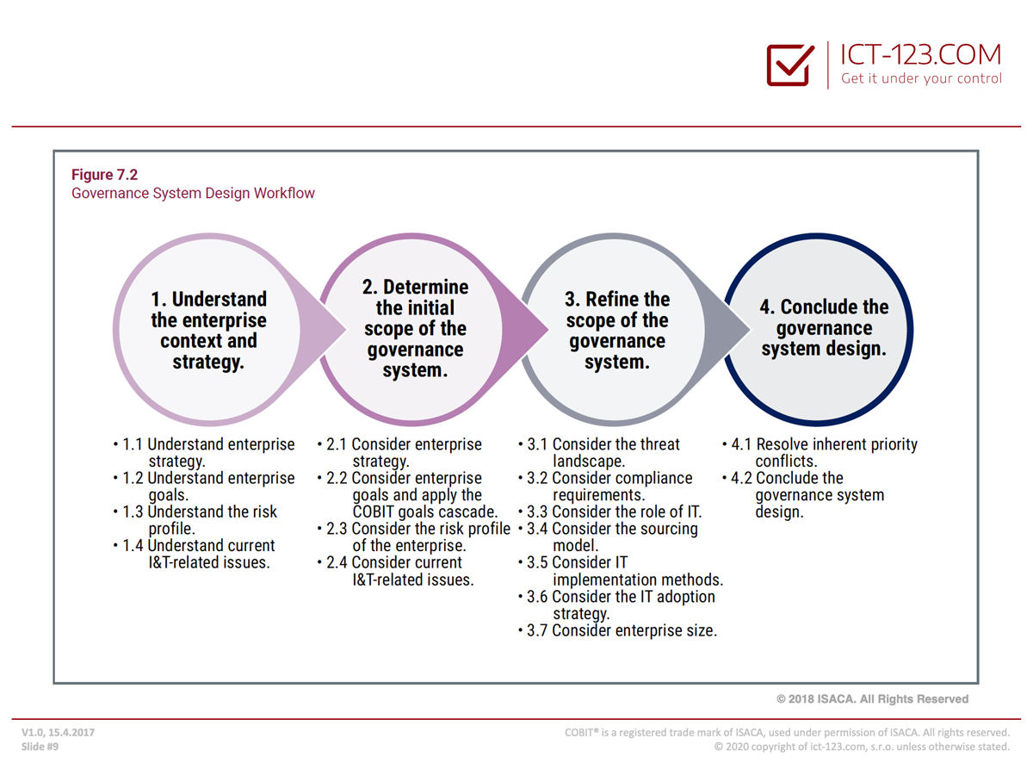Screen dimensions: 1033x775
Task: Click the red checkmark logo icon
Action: click(x=790, y=65)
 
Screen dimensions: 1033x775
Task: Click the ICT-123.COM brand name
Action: click(x=920, y=54)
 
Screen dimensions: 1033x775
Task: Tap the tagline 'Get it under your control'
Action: click(x=921, y=78)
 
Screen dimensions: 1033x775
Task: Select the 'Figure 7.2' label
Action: click(x=104, y=175)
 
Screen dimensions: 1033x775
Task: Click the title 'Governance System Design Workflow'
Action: click(x=193, y=193)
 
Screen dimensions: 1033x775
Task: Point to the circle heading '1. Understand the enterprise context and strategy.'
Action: click(x=208, y=331)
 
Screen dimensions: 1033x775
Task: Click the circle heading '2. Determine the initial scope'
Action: click(x=415, y=328)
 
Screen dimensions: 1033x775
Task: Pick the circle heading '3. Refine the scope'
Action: click(x=617, y=331)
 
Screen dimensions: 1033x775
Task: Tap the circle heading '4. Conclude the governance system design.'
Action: click(x=824, y=328)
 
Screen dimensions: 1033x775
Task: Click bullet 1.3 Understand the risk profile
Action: click(x=195, y=520)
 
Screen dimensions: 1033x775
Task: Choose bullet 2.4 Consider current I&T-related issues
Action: click(x=395, y=571)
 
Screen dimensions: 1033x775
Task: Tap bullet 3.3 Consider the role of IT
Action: click(x=610, y=512)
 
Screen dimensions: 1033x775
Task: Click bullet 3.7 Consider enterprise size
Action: click(x=617, y=630)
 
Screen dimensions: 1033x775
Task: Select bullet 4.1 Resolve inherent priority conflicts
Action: click(x=820, y=452)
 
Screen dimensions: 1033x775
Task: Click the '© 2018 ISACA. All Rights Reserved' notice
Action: click(x=872, y=698)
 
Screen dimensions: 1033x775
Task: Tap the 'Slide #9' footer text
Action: click(x=40, y=747)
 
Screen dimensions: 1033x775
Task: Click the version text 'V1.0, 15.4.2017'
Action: click(x=58, y=733)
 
